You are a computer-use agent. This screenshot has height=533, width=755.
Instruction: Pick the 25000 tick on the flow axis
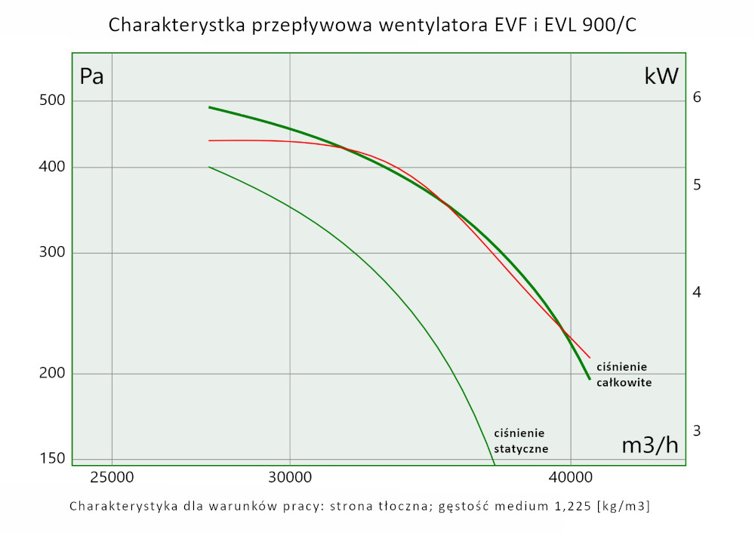(x=112, y=477)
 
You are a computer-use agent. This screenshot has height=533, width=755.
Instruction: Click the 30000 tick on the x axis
(x=290, y=477)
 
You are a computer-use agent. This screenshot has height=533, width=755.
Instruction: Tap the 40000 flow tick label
(x=570, y=477)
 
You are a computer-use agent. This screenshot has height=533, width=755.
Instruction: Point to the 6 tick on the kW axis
(x=697, y=97)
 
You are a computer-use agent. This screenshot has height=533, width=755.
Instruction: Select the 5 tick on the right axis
(x=697, y=184)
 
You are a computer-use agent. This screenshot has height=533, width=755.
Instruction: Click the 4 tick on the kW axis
(x=697, y=292)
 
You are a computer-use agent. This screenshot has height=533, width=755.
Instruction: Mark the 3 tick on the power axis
(x=697, y=430)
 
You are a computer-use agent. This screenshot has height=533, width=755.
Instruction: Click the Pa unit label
(x=91, y=76)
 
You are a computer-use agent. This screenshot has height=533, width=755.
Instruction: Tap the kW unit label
(x=661, y=76)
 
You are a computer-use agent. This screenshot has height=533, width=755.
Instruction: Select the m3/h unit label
(x=649, y=445)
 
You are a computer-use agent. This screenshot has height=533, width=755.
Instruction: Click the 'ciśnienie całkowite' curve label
(x=624, y=374)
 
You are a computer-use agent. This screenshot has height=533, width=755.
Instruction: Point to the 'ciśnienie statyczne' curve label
(x=520, y=441)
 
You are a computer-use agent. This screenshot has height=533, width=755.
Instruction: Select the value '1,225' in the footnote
(x=568, y=506)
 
